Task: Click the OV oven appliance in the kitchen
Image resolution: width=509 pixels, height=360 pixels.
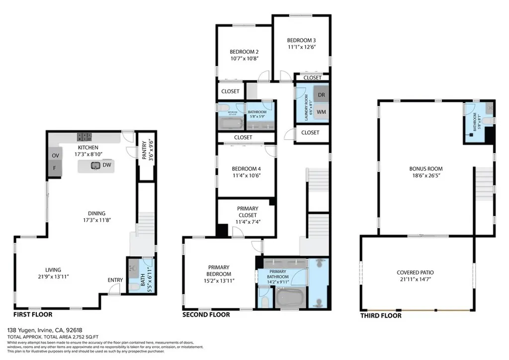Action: [55, 156]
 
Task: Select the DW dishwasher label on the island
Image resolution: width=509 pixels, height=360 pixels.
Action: [107, 165]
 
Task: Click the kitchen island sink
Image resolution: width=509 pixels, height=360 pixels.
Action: [94, 166]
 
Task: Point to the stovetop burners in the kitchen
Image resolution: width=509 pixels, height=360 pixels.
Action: [84, 136]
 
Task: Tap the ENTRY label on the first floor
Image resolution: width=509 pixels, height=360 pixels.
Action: [115, 280]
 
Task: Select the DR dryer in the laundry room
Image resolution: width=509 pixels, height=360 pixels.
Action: [321, 94]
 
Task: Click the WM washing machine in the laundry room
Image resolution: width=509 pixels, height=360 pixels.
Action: [321, 112]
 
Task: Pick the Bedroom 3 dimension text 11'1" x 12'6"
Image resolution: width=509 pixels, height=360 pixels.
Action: [301, 47]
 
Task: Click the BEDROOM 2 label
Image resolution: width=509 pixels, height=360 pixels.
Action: [244, 51]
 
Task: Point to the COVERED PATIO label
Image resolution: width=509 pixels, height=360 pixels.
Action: [415, 272]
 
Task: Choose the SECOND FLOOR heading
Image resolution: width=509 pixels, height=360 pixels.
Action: [206, 314]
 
